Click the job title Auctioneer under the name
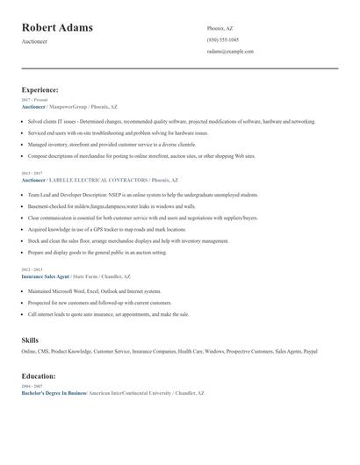(36, 41)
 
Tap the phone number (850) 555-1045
(222, 39)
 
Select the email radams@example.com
(230, 51)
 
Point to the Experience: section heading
(40, 89)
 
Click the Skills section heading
(30, 340)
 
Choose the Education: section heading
(39, 376)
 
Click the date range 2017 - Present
(34, 100)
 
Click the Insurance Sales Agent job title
(45, 275)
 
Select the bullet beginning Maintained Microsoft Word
(94, 290)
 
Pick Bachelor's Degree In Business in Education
(53, 393)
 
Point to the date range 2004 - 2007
(31, 386)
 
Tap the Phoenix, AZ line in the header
(220, 28)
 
